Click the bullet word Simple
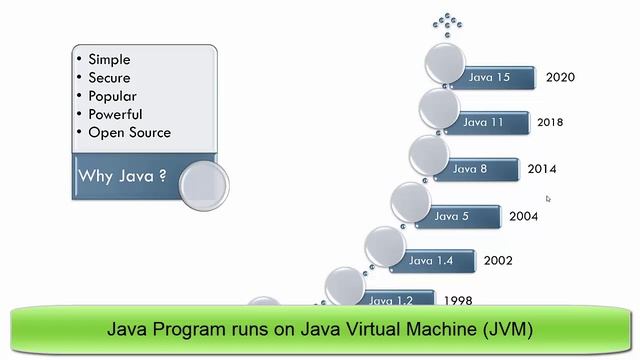pos(110,59)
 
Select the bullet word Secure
pos(109,78)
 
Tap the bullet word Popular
pos(112,96)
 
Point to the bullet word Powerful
pos(115,114)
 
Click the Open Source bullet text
pos(129,132)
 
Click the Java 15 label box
pos(489,77)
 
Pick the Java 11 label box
pos(483,122)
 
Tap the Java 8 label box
pos(470,168)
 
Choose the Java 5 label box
pos(451,215)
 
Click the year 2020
pos(560,77)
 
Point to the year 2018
pos(550,123)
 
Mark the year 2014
pos(542,169)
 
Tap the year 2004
pos(523,216)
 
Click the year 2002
pos(498,261)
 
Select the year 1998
pos(458,300)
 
